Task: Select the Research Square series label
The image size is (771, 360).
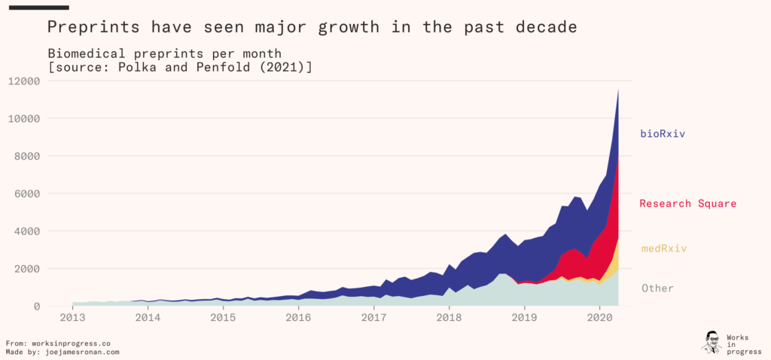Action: point(687,203)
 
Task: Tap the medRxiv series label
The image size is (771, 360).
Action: point(664,249)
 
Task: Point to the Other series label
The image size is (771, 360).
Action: point(657,288)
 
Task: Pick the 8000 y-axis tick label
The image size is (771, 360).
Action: point(27,156)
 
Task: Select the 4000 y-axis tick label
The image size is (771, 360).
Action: point(27,231)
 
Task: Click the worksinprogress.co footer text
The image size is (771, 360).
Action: point(73,343)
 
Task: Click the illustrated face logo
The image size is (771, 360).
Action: point(712,341)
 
